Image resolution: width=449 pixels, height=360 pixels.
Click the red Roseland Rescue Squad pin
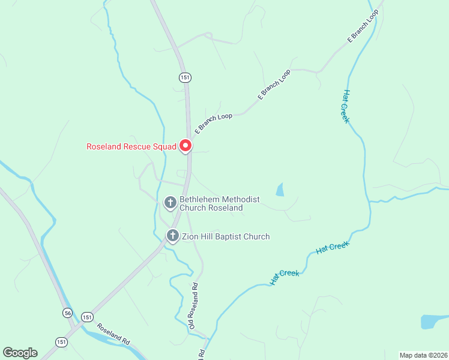coord(185,146)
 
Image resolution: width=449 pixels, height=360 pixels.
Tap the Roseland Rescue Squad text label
coord(131,146)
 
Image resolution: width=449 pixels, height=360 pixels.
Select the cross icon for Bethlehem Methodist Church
coord(170,203)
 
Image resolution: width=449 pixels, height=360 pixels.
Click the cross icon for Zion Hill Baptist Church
coord(173,236)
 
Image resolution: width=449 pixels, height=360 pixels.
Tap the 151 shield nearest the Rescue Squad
coord(184,77)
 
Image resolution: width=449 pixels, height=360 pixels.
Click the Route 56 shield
coord(67,313)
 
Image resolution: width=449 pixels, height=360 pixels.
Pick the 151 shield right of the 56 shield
coord(88,317)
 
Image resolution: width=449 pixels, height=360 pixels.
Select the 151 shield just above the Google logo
coord(61,341)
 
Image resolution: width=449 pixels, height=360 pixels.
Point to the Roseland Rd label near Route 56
coord(114,334)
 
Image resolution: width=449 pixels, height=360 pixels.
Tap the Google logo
coord(20,353)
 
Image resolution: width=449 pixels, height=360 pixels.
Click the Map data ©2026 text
coord(423,355)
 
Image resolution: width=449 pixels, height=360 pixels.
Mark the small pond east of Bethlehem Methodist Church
coord(280,190)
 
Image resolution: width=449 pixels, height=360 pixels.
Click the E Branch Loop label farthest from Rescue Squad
coord(363,26)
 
